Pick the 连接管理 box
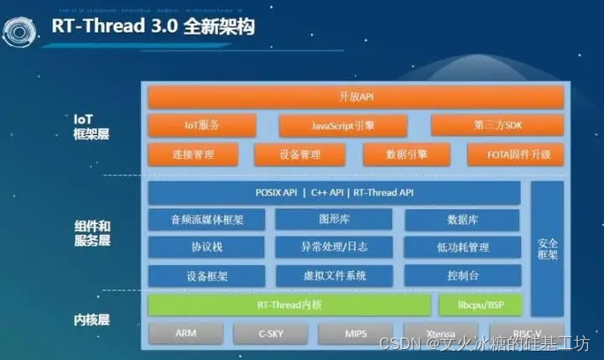click(193, 154)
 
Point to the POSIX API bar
click(334, 193)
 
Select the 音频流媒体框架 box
click(206, 220)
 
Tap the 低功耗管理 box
click(462, 248)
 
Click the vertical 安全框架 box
click(547, 248)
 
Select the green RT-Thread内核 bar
click(289, 304)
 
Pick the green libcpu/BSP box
click(479, 304)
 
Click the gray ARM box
click(185, 333)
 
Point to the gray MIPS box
click(356, 333)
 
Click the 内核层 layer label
click(92, 320)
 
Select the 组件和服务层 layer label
click(92, 233)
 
